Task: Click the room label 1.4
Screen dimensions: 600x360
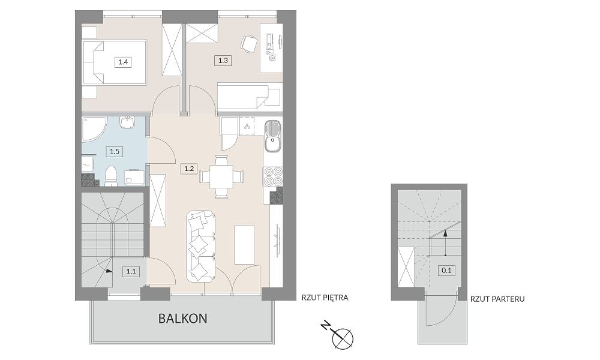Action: tap(123, 62)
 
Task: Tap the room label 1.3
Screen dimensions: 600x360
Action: tap(223, 60)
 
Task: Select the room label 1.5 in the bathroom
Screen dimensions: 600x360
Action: tap(115, 151)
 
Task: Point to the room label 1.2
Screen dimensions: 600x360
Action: tap(190, 169)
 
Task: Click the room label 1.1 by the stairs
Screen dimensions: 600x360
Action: tap(131, 272)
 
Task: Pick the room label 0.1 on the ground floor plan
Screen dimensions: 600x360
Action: tap(446, 271)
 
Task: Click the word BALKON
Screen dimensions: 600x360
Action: tap(183, 318)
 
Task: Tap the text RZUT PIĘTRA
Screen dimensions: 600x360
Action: tap(325, 298)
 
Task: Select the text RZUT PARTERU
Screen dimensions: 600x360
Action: tap(498, 299)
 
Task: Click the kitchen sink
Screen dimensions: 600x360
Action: tap(272, 136)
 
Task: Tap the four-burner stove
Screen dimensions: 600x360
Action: tap(273, 176)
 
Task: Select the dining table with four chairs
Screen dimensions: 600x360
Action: tap(221, 177)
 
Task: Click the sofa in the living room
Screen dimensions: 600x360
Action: tap(200, 247)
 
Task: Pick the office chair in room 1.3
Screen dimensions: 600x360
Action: tap(249, 43)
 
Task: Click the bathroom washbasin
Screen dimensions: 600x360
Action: tap(127, 122)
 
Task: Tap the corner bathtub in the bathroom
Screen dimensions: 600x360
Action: tap(94, 130)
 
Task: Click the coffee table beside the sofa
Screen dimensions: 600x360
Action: tap(245, 244)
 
